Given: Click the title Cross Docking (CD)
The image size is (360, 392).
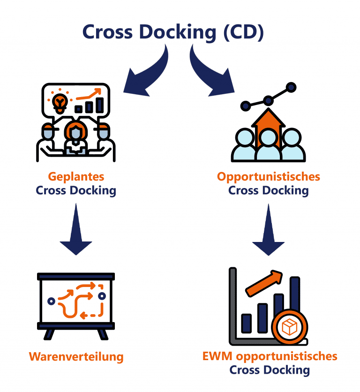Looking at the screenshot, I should click(x=173, y=32).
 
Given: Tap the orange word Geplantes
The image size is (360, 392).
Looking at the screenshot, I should click(x=76, y=177).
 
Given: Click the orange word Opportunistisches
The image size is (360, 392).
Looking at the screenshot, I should click(x=268, y=177).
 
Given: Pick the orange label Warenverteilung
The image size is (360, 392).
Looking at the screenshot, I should click(x=76, y=356).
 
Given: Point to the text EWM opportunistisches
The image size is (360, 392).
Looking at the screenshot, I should click(x=270, y=356).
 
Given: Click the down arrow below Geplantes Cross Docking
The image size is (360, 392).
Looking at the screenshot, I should click(x=76, y=230).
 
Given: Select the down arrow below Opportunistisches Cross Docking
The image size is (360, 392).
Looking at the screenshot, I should click(x=268, y=230).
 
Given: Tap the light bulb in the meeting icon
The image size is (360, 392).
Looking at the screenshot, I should click(x=60, y=101).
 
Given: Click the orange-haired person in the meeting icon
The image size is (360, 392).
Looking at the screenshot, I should click(x=75, y=134).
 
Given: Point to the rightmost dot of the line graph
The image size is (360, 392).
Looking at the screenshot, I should click(x=291, y=87).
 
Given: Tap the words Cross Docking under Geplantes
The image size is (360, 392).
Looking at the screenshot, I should click(x=76, y=191).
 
